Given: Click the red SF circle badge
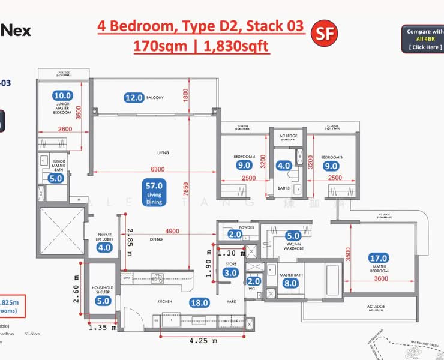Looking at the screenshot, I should point(325,34).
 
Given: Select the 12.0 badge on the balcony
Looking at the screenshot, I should point(134,97).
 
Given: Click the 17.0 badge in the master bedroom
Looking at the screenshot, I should point(379,258).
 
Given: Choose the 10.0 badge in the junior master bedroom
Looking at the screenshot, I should point(62,95).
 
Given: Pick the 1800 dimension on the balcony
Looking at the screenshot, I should point(187,95).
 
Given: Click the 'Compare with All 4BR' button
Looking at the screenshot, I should point(424,39).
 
